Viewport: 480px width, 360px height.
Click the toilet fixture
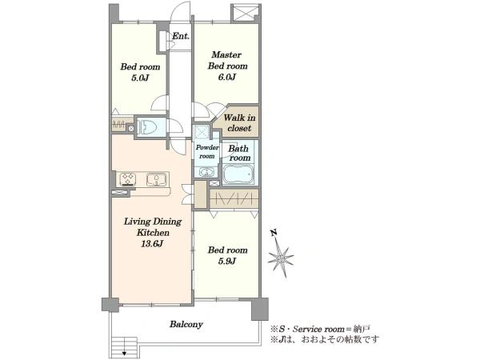[148, 126]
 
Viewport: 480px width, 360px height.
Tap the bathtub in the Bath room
[238, 174]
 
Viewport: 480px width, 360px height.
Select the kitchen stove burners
[128, 179]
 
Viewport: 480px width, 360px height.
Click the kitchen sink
[156, 179]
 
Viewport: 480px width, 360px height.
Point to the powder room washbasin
[207, 172]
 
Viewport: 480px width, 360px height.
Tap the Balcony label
[186, 324]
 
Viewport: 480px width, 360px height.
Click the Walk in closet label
[239, 122]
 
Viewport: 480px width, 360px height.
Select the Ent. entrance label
[181, 36]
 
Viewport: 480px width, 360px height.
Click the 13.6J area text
[152, 244]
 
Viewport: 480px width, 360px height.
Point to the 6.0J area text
[227, 77]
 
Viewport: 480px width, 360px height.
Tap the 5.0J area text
[140, 78]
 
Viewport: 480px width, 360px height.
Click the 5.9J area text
[227, 261]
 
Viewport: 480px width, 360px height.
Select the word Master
[226, 54]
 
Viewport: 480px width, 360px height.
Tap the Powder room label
[207, 152]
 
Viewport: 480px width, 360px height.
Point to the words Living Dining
[153, 222]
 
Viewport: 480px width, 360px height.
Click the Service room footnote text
[320, 329]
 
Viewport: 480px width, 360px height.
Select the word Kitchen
[153, 233]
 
